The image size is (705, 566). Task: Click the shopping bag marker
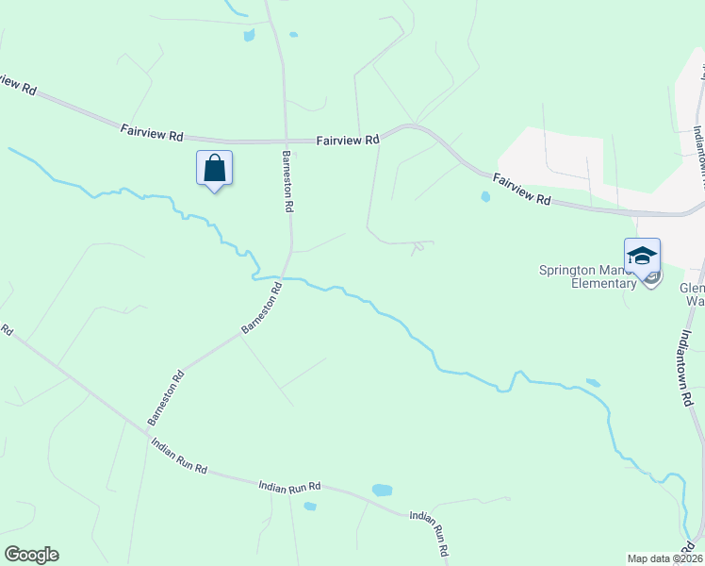pos(214,169)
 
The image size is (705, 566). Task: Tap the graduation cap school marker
pos(642,257)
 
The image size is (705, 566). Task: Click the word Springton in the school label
pos(568,270)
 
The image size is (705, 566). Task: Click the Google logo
pos(31,555)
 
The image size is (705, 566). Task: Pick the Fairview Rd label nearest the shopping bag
pos(151,131)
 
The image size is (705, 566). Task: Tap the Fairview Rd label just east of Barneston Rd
pos(347,139)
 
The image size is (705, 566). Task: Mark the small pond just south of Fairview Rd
pos(485,197)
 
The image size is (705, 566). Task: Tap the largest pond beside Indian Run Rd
pos(382,491)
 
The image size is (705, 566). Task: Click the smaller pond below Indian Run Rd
pos(310,507)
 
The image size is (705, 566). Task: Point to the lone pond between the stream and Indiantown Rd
pos(592,383)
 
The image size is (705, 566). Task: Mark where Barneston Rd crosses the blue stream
pos(285,278)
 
